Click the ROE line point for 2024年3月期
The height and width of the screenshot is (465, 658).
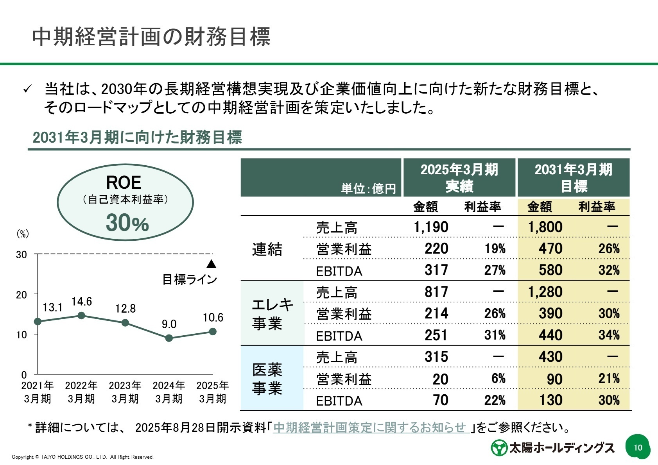coord(169,338)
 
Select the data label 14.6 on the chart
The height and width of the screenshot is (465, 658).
coord(82,302)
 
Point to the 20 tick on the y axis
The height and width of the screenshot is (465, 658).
coord(22,295)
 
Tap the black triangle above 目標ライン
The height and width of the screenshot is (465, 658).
coord(211,265)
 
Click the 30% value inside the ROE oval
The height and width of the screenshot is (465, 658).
coord(127,223)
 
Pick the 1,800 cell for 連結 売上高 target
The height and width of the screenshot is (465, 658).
coord(545,227)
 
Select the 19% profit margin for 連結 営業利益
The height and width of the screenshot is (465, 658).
coord(495,249)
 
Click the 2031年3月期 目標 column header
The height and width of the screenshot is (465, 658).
coord(573,178)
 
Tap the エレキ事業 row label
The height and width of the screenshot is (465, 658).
coord(272,314)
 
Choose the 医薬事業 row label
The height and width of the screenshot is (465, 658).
coord(267,379)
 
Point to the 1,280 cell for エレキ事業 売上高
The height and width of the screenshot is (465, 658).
coord(545,292)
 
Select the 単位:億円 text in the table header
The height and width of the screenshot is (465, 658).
coord(368,189)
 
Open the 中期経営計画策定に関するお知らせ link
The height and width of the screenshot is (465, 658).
coord(371,427)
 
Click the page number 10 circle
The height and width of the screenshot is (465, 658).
coord(638,447)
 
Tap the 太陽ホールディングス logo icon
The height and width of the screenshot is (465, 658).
coord(499,448)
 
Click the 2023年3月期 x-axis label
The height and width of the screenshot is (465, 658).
coord(125,392)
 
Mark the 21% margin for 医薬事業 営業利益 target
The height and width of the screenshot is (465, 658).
coord(609,378)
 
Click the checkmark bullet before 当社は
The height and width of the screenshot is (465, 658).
coord(27,89)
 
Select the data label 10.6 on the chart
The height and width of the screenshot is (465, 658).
coord(213,318)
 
